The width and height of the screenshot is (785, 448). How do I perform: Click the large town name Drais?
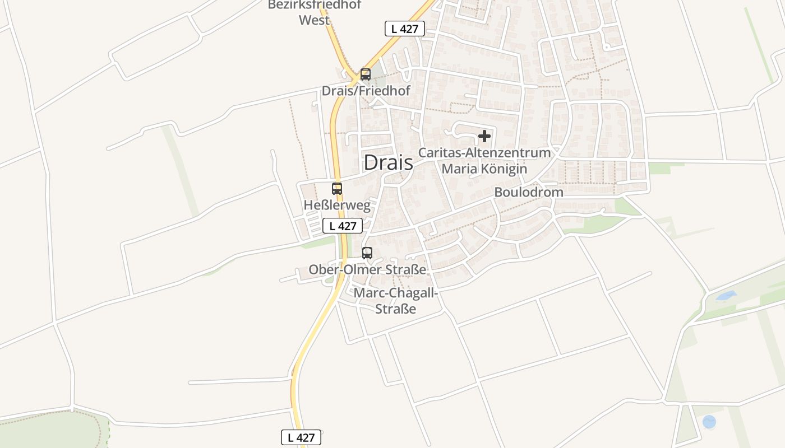[x=388, y=162]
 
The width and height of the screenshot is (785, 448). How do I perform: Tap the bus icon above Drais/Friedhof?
[x=366, y=74]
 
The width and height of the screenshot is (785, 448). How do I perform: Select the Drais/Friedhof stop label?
[x=366, y=90]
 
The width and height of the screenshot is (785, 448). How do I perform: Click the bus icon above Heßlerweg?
[x=337, y=189]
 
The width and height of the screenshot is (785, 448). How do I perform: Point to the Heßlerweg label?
[x=337, y=205]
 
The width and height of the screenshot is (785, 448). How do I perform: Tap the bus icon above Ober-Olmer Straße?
[x=367, y=253]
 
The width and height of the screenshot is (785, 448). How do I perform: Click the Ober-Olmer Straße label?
[x=367, y=269]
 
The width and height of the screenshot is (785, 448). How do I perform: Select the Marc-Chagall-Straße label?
[x=396, y=301]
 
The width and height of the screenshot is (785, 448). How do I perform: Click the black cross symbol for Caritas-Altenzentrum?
[x=484, y=136]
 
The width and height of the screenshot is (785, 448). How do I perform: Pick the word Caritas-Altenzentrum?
[x=484, y=152]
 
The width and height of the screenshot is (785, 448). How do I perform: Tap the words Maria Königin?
[x=484, y=169]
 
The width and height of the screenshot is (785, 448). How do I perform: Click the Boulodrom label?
[x=528, y=192]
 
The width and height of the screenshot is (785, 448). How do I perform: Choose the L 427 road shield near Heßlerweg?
[x=342, y=226]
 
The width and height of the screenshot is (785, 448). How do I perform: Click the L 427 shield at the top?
[x=404, y=29]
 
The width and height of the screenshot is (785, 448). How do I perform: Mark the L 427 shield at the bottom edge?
[x=301, y=437]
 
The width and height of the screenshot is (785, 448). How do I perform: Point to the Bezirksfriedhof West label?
[x=315, y=12]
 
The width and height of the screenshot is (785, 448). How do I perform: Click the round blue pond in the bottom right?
[x=709, y=422]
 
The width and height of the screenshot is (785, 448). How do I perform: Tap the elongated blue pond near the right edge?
[x=726, y=295]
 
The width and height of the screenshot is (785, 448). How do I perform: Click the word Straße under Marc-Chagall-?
[x=396, y=309]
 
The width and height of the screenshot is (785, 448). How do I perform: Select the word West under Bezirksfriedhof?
[x=315, y=20]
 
